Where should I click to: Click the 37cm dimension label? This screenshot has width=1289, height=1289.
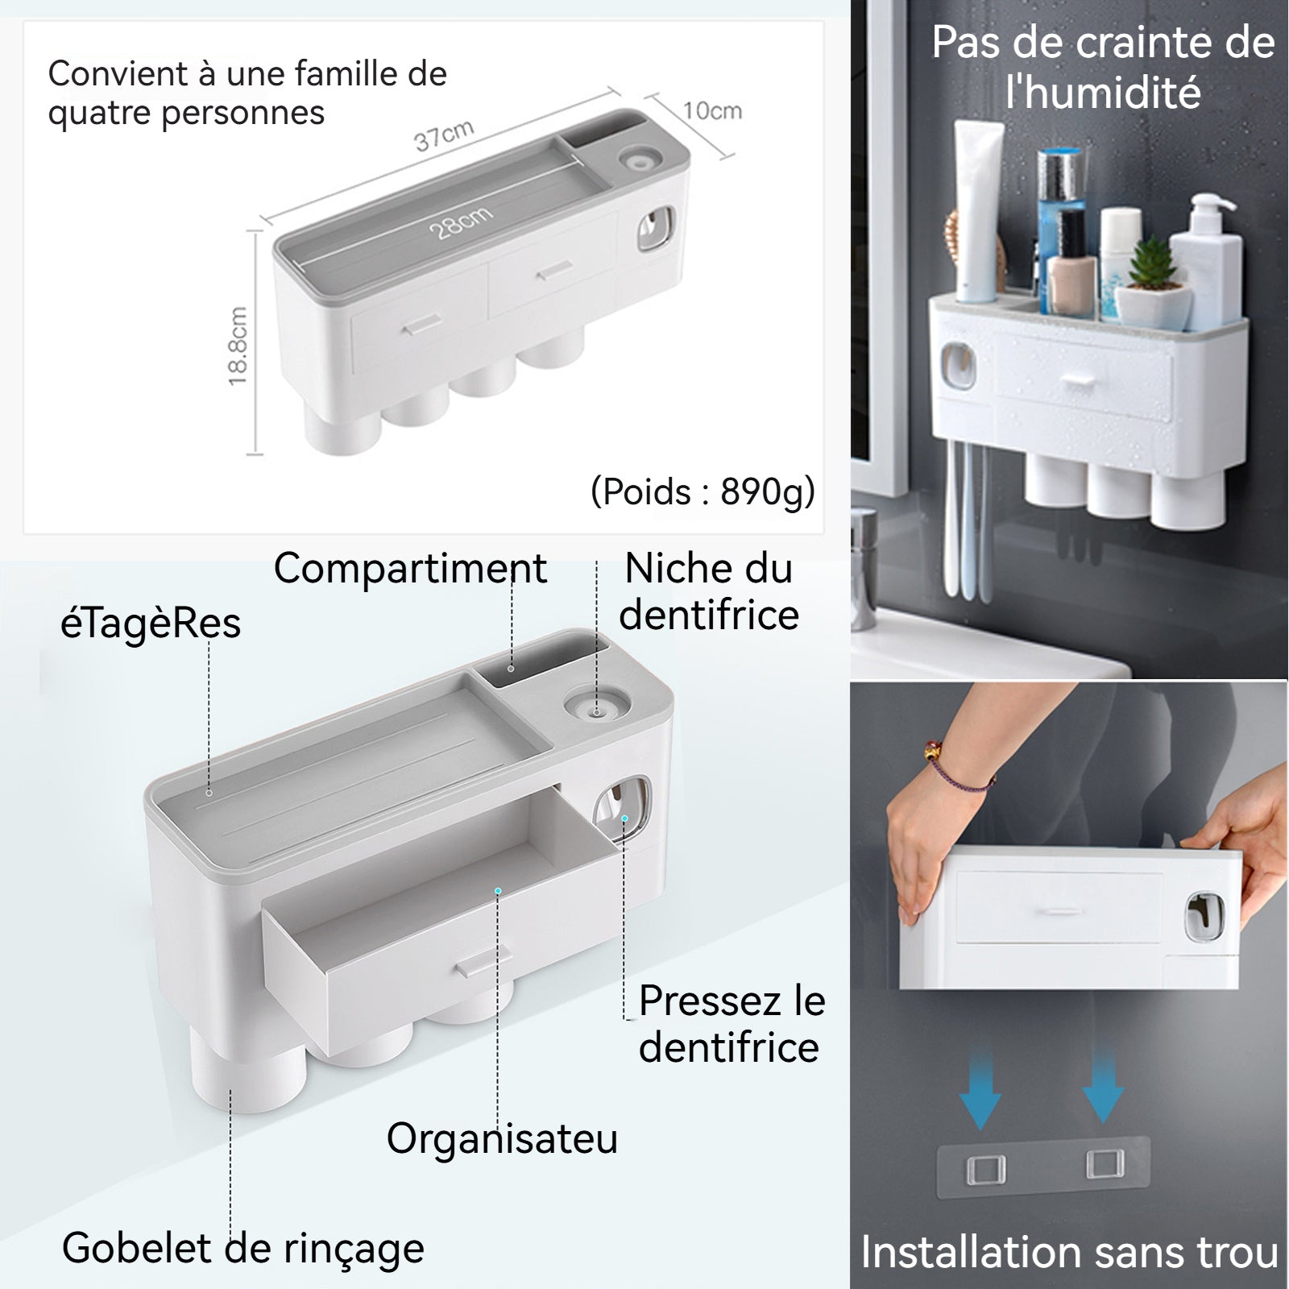pos(444,135)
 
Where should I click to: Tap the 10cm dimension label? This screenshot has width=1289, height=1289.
pos(712,110)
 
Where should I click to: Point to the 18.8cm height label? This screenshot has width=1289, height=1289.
pos(238,346)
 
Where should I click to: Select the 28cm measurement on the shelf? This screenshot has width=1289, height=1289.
pos(460,223)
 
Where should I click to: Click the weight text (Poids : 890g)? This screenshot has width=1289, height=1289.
pos(703,491)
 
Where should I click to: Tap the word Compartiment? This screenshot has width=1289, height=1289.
pos(410,569)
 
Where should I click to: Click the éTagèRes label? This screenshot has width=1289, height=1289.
pos(151,624)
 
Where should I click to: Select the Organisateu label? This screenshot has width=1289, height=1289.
pos(502,1138)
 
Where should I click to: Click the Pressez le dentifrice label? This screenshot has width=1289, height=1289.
pos(732,1024)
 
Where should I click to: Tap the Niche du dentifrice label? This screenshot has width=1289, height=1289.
pos(709,591)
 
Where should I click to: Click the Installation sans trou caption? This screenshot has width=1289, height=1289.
pos(1069,1253)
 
